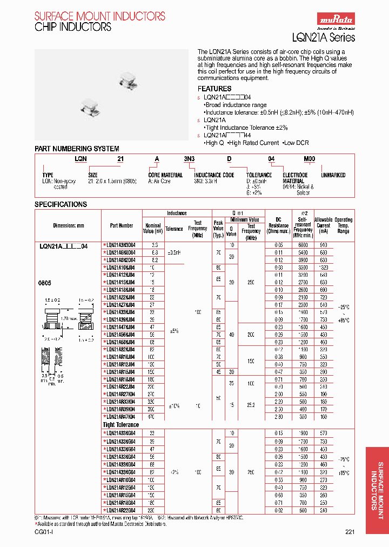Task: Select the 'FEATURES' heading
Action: pyautogui.click(x=214, y=89)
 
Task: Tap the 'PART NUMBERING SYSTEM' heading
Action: pyautogui.click(x=77, y=149)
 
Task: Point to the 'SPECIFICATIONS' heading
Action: pyautogui.click(x=61, y=204)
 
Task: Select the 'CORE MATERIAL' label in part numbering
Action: pyautogui.click(x=165, y=175)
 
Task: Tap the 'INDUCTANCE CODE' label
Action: pyautogui.click(x=214, y=175)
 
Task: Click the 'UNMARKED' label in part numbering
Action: pyautogui.click(x=333, y=175)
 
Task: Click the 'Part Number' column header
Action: pyautogui.click(x=122, y=225)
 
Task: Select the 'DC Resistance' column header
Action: pyautogui.click(x=279, y=225)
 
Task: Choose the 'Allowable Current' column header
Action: pyautogui.click(x=323, y=225)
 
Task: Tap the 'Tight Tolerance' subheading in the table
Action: pyautogui.click(x=121, y=425)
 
